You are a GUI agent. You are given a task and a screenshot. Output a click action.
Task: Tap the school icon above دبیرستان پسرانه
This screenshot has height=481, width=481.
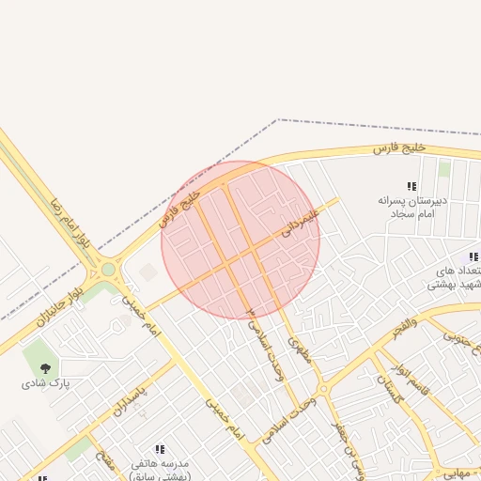[x=411, y=186]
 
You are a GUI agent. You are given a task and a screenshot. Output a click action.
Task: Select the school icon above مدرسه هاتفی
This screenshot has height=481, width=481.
[x=159, y=450]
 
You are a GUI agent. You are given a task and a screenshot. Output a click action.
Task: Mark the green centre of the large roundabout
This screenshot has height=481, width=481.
[x=108, y=270]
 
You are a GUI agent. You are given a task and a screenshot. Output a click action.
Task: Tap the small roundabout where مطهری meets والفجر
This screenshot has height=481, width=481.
[x=323, y=388]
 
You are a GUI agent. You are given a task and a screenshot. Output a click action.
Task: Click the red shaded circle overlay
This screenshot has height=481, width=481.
[x=240, y=240]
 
